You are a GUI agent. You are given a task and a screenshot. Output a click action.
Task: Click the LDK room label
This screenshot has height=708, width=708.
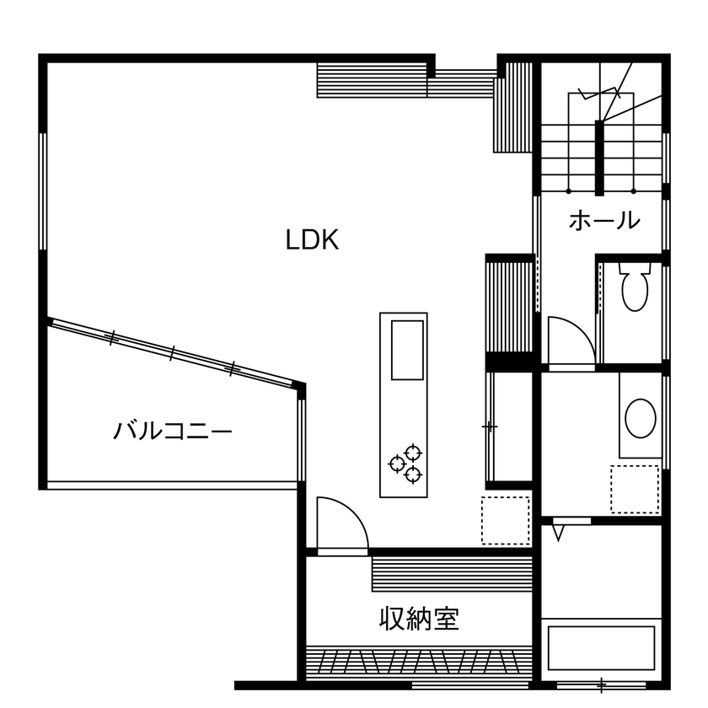pyautogui.click(x=312, y=240)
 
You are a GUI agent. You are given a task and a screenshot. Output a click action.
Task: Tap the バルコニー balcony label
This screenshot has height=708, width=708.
pyautogui.click(x=173, y=432)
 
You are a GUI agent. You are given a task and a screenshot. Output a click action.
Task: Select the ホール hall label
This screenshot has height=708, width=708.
pyautogui.click(x=604, y=221)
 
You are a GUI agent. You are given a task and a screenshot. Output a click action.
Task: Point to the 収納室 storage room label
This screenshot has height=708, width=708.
pyautogui.click(x=419, y=620)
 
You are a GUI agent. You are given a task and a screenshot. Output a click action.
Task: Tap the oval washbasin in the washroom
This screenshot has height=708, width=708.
pyautogui.click(x=641, y=418)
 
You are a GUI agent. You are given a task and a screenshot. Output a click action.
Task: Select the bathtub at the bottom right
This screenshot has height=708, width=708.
pyautogui.click(x=601, y=648)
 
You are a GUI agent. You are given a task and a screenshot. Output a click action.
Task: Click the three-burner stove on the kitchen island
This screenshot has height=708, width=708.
pyautogui.click(x=405, y=463)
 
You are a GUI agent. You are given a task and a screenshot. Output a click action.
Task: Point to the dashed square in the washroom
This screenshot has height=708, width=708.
pyautogui.click(x=635, y=489)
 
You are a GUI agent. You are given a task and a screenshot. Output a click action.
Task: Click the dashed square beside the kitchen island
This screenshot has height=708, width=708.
pyautogui.click(x=505, y=520)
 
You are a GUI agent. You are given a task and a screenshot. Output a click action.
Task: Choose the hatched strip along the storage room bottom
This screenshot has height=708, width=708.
pyautogui.click(x=419, y=664)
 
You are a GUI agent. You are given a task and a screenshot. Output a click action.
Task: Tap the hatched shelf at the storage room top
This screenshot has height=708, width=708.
pyautogui.click(x=452, y=574)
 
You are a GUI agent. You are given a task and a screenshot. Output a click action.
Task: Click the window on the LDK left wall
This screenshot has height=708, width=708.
pyautogui.click(x=42, y=190)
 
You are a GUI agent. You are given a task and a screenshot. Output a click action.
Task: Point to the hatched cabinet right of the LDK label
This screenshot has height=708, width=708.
pyautogui.click(x=511, y=308)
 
